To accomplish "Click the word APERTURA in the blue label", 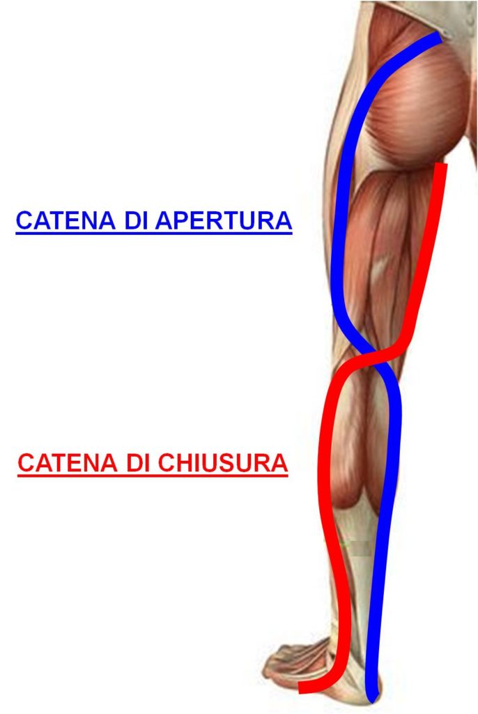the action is (224, 220).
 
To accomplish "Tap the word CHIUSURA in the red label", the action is (223, 463).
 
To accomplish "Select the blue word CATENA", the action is (65, 220).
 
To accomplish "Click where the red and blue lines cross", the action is (374, 353).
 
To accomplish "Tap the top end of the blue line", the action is (439, 36).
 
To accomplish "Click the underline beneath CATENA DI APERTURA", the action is (154, 234).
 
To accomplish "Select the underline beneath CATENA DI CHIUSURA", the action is (153, 476).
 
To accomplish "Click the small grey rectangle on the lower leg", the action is (362, 549).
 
